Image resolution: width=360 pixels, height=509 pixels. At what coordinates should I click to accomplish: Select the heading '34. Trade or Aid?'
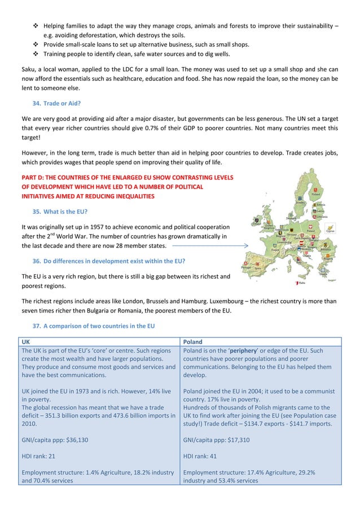(x=59, y=104)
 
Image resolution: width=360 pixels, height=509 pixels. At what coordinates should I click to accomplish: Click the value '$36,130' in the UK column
(x=74, y=440)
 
